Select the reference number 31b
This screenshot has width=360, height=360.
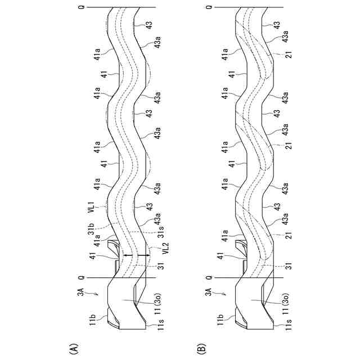[x=89, y=229]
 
